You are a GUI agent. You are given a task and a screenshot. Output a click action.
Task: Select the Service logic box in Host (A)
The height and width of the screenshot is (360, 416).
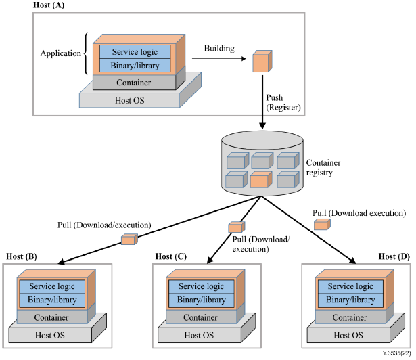coord(136,51)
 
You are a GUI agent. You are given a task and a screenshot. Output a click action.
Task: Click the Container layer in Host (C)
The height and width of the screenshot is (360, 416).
coord(200,317)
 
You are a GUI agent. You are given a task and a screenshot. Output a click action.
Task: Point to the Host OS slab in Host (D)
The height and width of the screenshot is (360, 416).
coord(350,335)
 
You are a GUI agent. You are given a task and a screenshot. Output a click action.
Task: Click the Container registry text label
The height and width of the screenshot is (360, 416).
coord(324,168)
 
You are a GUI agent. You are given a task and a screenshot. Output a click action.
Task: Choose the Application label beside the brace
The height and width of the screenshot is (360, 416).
coord(60,53)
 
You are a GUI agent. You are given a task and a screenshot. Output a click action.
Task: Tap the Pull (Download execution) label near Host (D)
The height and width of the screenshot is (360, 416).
coord(359,212)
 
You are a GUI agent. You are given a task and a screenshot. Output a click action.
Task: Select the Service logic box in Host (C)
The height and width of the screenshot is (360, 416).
coord(200,287)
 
